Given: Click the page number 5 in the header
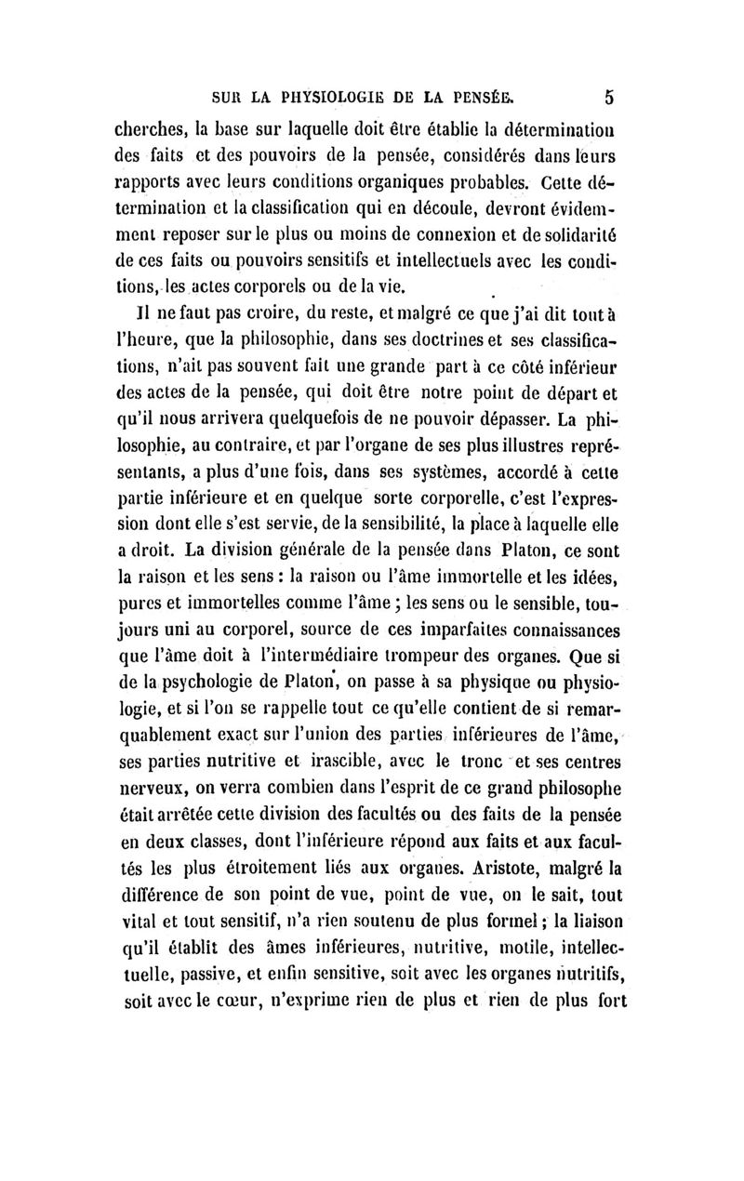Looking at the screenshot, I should point(609,96).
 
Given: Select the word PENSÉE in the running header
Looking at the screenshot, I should point(479,96).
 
